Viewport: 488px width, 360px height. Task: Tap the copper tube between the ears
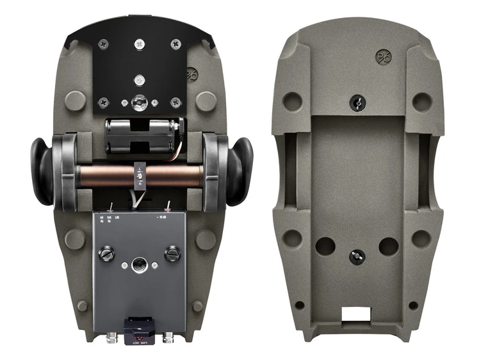tap(109, 176)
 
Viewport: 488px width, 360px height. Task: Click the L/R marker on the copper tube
tap(141, 174)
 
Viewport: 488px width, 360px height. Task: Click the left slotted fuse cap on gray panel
tap(106, 254)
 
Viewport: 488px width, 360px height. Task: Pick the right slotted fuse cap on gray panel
tap(172, 254)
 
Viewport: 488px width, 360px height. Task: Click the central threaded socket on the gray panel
tap(139, 264)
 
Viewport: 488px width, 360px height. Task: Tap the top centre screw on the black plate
tap(140, 44)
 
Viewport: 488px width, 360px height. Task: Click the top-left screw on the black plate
tap(103, 44)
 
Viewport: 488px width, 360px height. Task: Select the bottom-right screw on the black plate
tap(175, 101)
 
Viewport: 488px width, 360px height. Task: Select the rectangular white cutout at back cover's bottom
tap(357, 314)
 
